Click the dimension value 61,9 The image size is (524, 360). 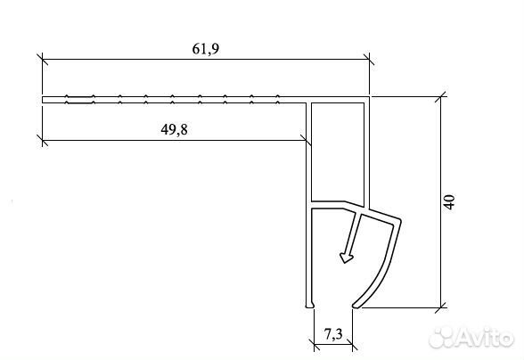[206, 49]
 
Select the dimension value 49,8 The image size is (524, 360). [174, 130]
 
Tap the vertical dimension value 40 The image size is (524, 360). [450, 202]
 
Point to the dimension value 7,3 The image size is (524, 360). [333, 334]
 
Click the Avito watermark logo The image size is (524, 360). [471, 338]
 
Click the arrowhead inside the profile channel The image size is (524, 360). [346, 258]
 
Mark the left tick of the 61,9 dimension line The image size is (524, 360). [43, 60]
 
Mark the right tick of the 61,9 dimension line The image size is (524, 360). [369, 60]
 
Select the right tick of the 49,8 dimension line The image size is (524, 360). [307, 141]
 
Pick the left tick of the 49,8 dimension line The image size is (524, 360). [43, 141]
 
